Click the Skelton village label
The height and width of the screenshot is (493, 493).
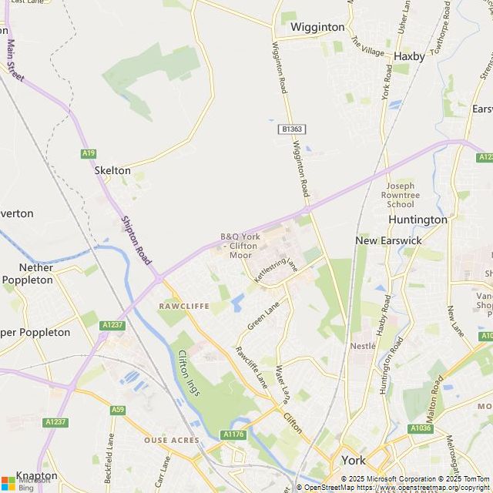click(112, 170)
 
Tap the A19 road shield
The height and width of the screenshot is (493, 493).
click(89, 153)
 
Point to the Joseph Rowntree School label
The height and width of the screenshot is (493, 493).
click(401, 195)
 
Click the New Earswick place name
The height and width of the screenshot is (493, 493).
click(388, 240)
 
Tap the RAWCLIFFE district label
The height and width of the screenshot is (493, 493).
click(183, 306)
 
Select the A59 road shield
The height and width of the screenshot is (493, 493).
click(117, 410)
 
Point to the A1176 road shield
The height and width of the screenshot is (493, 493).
click(233, 435)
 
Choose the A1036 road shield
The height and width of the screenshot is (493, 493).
click(421, 428)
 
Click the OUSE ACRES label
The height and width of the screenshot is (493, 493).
click(172, 441)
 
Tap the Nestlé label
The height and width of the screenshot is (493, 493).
click(362, 347)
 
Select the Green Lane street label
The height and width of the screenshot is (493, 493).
click(263, 317)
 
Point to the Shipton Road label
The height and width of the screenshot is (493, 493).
click(136, 240)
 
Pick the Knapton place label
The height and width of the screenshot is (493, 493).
click(36, 476)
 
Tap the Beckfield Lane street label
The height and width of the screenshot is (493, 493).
click(111, 454)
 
